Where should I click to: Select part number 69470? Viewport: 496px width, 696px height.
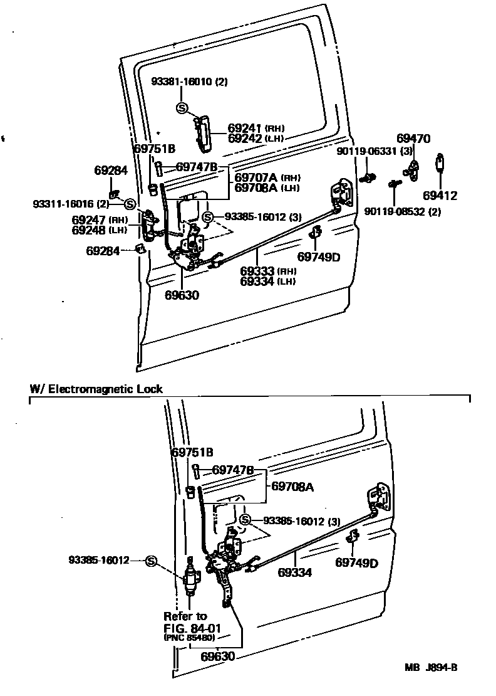click(413, 139)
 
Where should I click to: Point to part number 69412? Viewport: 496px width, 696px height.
click(439, 196)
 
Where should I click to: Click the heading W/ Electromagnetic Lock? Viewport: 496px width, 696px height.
click(96, 389)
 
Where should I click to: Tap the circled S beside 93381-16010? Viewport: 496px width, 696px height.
click(182, 108)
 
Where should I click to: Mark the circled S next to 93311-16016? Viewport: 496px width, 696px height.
click(130, 203)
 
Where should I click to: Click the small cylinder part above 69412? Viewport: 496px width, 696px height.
click(440, 164)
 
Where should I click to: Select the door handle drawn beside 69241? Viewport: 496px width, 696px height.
click(202, 134)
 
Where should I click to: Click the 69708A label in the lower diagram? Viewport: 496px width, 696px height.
click(291, 485)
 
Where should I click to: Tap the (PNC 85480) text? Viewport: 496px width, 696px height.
click(190, 638)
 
